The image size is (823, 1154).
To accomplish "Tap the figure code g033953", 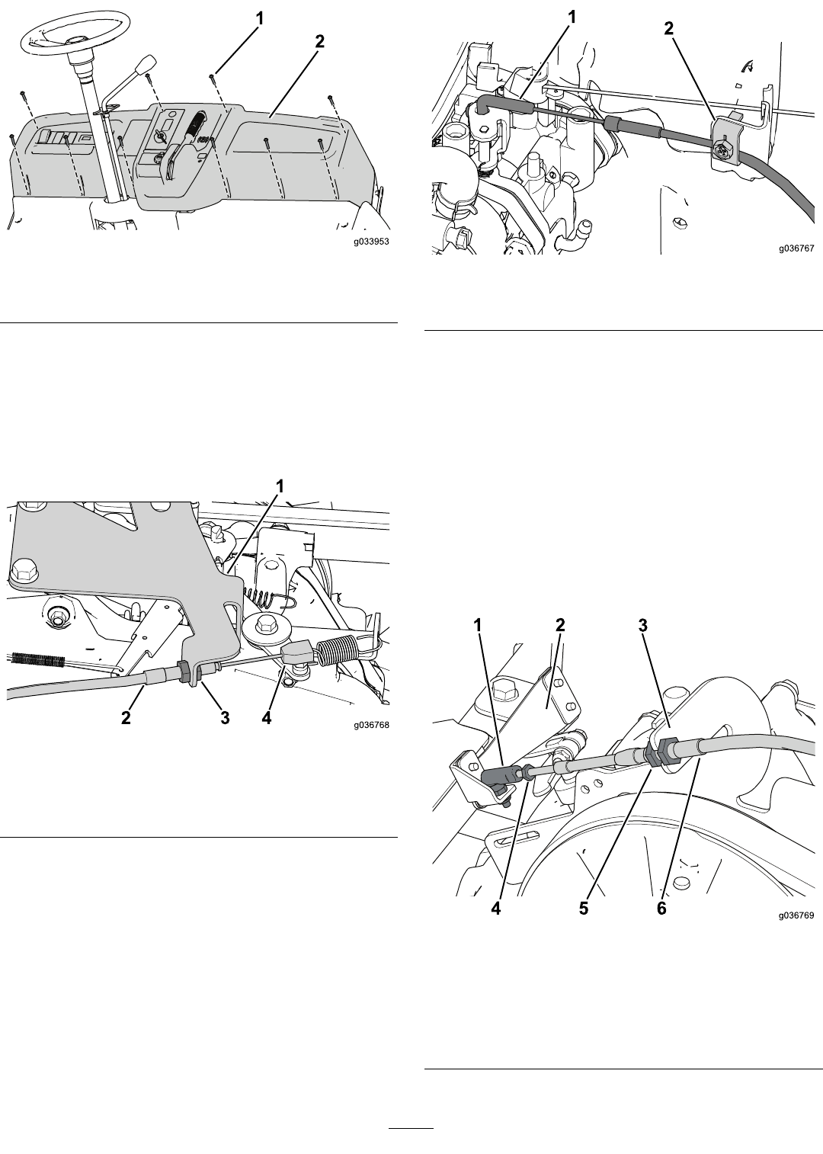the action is [x=371, y=241].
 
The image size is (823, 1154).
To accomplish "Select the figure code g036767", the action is [x=796, y=248].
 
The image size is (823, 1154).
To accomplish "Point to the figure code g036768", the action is [x=371, y=725].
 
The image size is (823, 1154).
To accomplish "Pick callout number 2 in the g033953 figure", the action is [x=319, y=42].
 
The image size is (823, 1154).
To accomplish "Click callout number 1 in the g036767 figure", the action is [x=572, y=18].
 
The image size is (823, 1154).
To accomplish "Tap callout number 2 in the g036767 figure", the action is [x=668, y=29].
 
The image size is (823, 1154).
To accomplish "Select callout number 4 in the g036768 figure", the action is [x=266, y=718].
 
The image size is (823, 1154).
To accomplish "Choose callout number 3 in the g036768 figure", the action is [x=225, y=718].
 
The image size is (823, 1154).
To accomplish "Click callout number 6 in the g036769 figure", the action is [x=661, y=909].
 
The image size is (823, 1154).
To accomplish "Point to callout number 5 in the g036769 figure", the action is [x=583, y=909].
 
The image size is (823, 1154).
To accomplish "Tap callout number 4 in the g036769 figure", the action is [x=495, y=909].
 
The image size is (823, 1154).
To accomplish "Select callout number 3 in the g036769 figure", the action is [x=642, y=626].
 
